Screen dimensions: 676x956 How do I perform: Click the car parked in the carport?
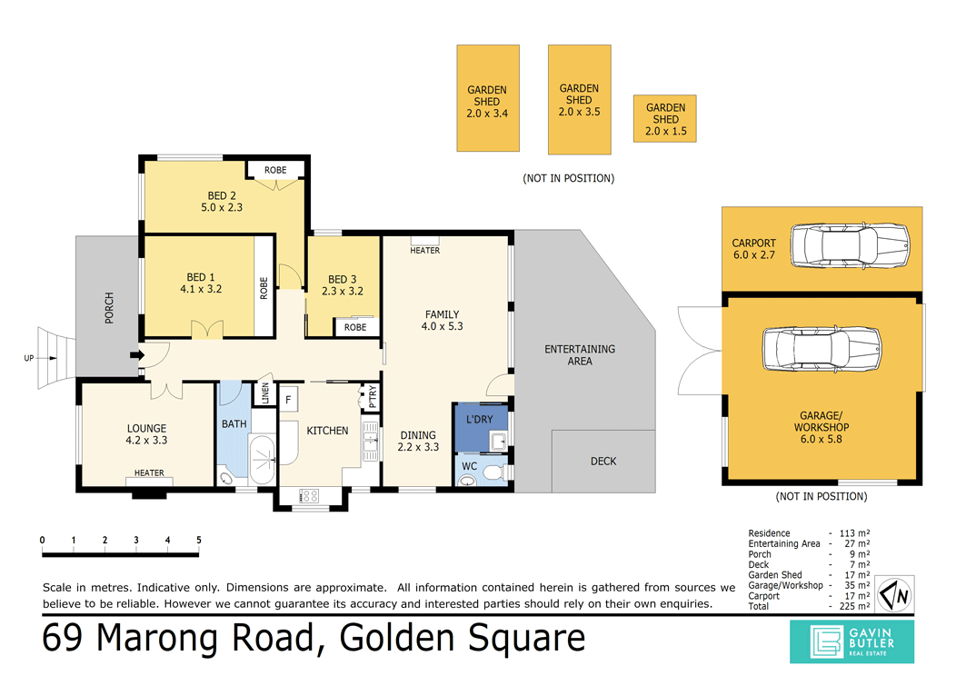point(849,244)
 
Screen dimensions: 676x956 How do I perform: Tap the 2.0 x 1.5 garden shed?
point(665,119)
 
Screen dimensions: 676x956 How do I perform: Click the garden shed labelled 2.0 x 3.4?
point(487,98)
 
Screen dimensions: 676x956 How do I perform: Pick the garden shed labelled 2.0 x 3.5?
point(579,100)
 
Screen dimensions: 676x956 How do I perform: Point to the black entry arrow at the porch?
point(136,355)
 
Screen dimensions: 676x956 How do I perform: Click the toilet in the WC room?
point(492,472)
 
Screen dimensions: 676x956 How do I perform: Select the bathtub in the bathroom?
point(262,460)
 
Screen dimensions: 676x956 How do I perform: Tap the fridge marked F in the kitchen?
point(288,399)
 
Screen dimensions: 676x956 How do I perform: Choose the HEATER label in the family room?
point(424,251)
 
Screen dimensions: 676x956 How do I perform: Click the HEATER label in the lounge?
point(149,472)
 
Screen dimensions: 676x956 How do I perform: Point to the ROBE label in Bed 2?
point(275,170)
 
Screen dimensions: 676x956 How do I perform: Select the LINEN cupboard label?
point(266,393)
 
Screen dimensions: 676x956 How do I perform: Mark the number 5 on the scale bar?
point(198,541)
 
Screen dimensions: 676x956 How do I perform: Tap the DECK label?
point(603,462)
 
